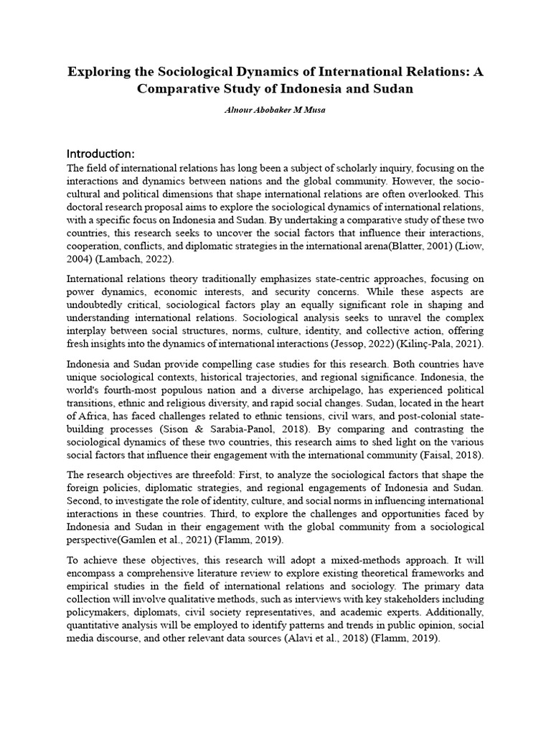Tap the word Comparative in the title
181,90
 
